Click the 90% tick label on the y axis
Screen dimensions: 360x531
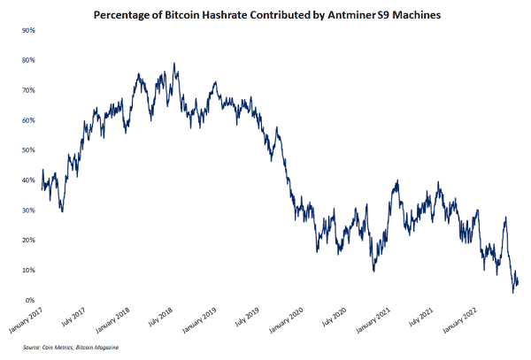28,30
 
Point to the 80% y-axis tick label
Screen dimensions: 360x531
28,60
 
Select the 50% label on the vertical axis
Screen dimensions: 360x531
28,150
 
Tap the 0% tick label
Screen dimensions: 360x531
30,301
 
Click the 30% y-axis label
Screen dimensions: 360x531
28,211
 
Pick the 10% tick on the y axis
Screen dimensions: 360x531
28,271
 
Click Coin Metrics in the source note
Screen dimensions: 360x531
56,348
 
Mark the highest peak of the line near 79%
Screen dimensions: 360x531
174,64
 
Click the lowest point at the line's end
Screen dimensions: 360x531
512,292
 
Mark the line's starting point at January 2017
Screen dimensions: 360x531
42,170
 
